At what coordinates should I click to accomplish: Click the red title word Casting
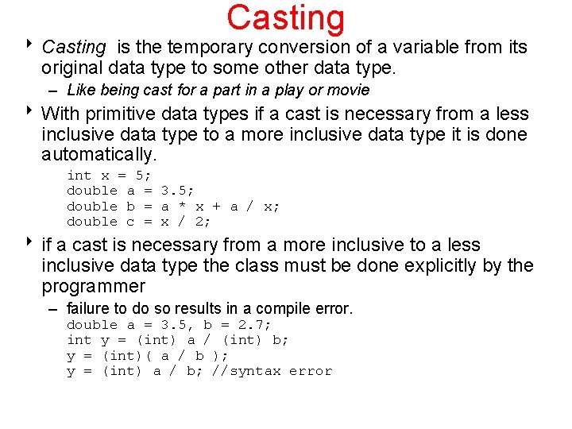click(x=285, y=18)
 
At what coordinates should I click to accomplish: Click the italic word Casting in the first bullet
click(x=73, y=48)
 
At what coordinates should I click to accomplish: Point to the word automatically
click(x=99, y=153)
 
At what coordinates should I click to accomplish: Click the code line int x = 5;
click(x=109, y=176)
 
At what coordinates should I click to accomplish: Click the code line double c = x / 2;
click(x=138, y=222)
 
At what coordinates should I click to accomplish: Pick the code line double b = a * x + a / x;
click(x=172, y=207)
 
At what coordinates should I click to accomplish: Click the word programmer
click(x=93, y=287)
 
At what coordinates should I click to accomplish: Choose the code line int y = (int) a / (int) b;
click(x=177, y=340)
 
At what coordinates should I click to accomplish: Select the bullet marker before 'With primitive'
click(x=31, y=112)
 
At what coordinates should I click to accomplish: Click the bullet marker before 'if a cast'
click(x=31, y=245)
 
